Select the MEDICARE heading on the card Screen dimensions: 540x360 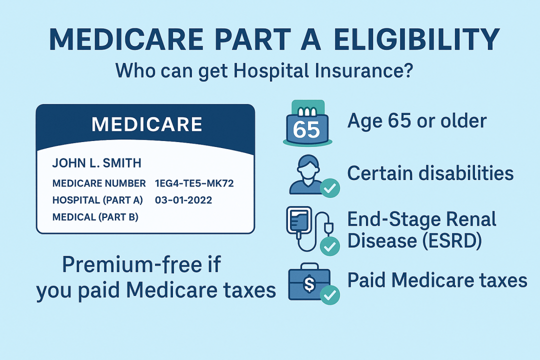click(147, 124)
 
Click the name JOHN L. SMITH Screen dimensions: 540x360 click(97, 162)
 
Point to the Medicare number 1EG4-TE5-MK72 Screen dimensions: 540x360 click(194, 183)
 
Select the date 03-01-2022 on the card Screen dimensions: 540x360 click(183, 200)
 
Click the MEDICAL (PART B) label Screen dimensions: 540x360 click(95, 217)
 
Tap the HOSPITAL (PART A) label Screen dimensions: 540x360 click(97, 200)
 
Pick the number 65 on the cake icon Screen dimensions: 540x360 click(306, 129)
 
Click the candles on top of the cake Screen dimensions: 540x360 click(307, 112)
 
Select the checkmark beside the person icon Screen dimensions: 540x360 click(330, 188)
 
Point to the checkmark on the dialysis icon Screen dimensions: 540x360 click(330, 246)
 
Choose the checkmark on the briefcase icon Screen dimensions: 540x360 click(330, 295)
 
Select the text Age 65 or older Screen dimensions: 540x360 click(417, 120)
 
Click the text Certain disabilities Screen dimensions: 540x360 click(430, 172)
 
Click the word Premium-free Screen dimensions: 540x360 click(141, 264)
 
